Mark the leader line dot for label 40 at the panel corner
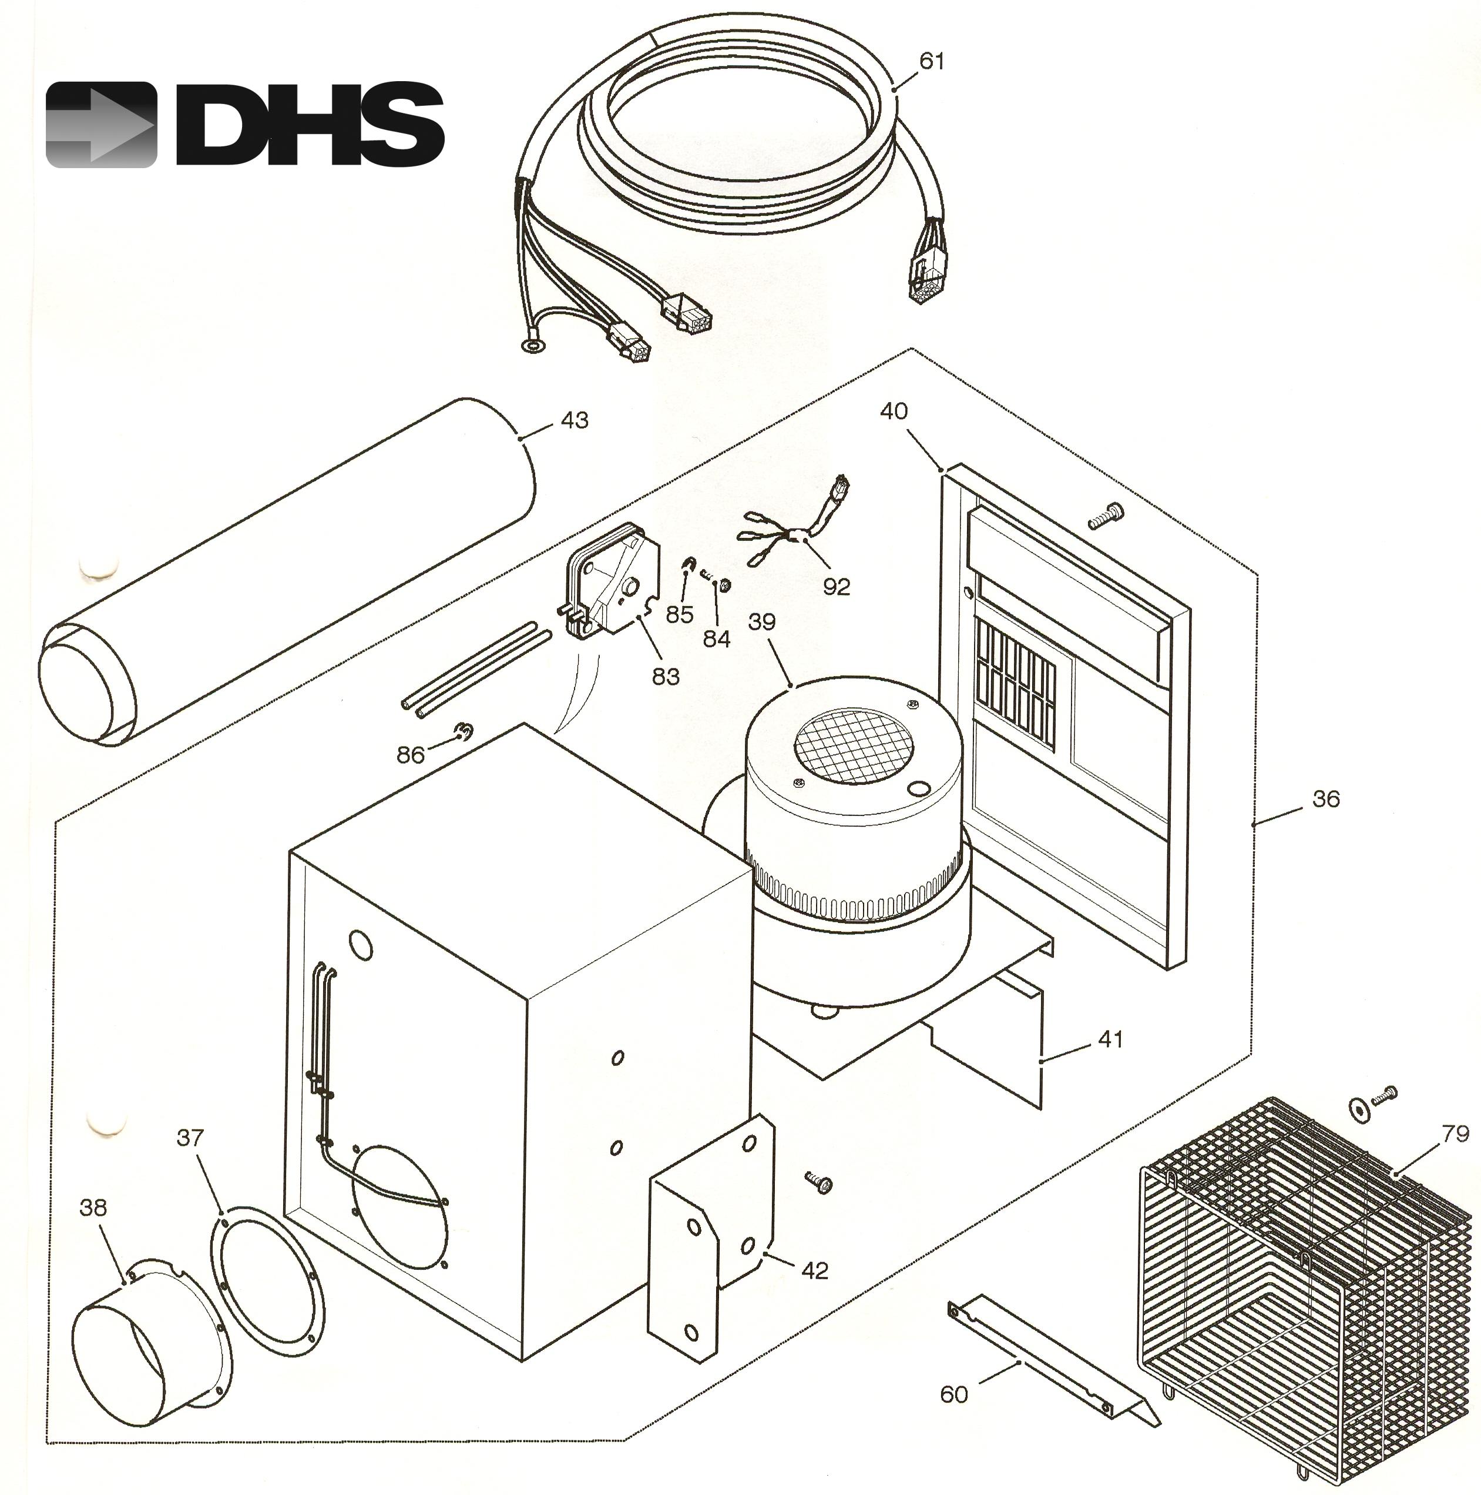click(942, 469)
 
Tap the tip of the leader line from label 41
click(1042, 1062)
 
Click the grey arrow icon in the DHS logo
click(100, 125)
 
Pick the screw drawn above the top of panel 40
click(1106, 514)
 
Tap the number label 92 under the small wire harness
click(836, 587)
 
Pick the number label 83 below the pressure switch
click(666, 676)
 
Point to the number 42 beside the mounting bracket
click(814, 1270)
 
